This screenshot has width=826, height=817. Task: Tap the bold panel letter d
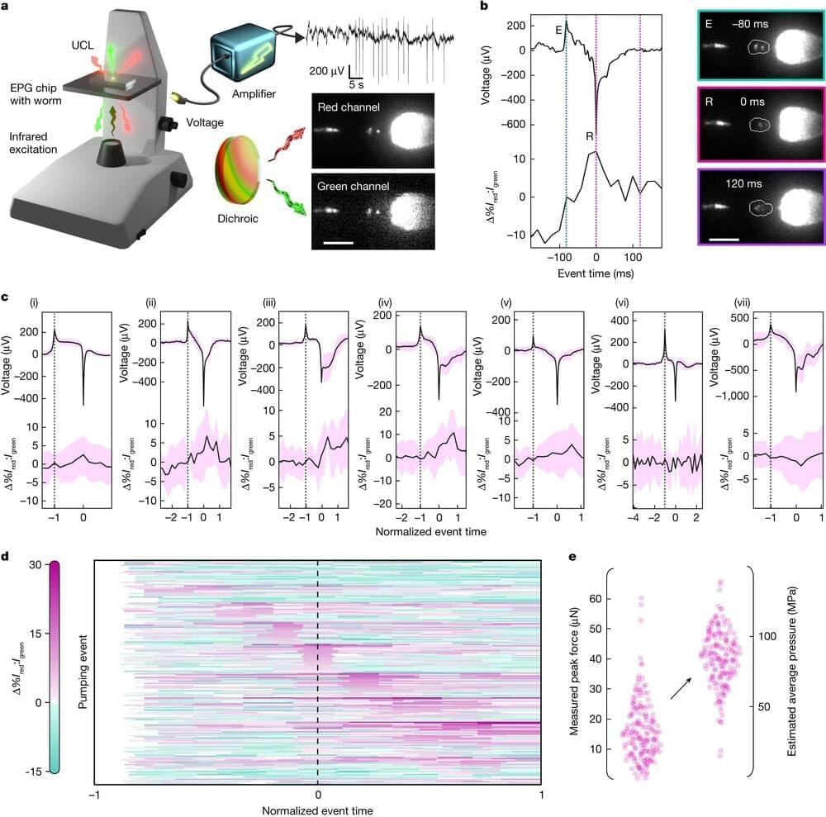[x=7, y=556]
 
